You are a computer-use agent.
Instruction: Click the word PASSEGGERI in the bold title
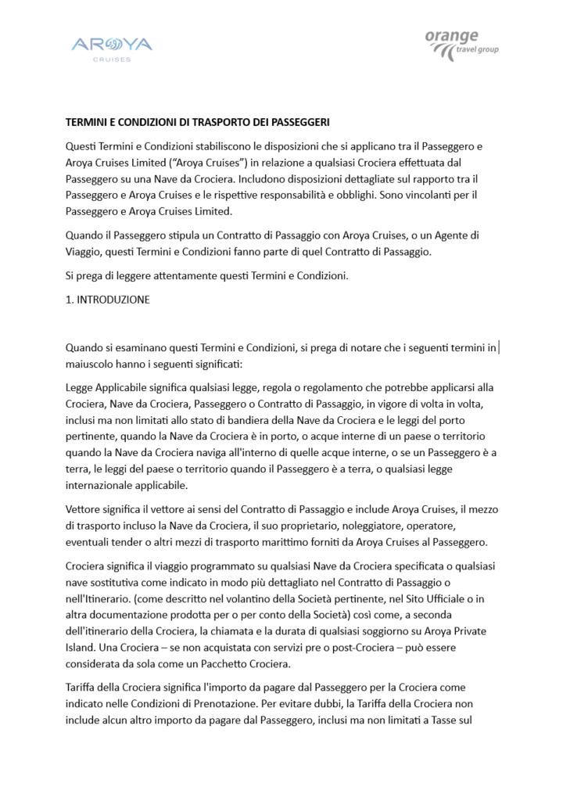coord(297,122)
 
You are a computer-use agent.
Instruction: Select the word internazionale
coord(105,485)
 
